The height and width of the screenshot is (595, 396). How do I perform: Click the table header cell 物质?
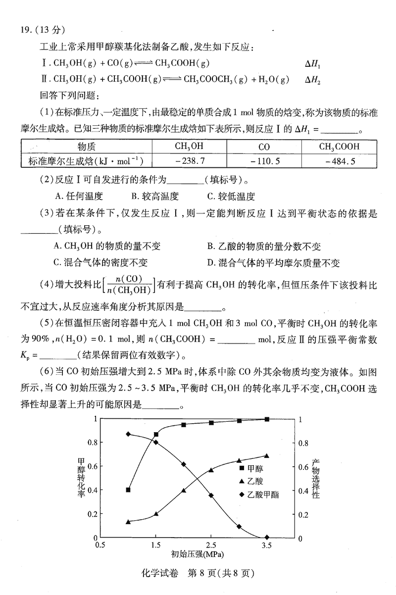(86, 147)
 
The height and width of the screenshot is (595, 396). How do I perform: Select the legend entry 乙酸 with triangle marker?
(254, 481)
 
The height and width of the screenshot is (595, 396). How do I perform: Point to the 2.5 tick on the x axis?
(211, 545)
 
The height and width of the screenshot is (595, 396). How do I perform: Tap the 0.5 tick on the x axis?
(100, 545)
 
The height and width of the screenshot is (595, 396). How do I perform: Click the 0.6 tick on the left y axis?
(92, 466)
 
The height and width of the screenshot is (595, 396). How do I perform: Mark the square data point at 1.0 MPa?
(128, 490)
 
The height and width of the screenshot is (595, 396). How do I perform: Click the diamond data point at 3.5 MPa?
(267, 537)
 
